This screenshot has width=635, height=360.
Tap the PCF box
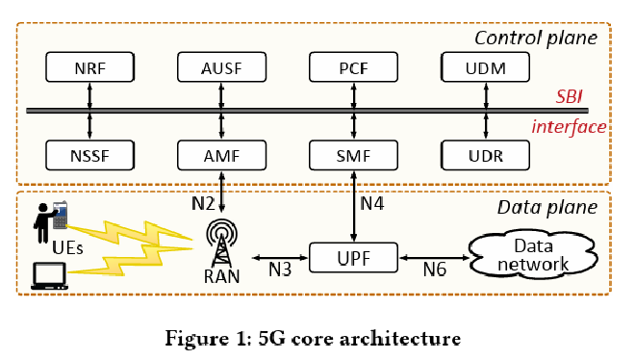[x=352, y=68]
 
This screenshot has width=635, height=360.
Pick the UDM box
[x=484, y=68]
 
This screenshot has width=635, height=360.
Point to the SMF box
[x=352, y=154]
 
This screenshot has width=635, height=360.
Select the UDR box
[x=484, y=154]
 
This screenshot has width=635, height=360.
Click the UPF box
[x=352, y=257]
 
